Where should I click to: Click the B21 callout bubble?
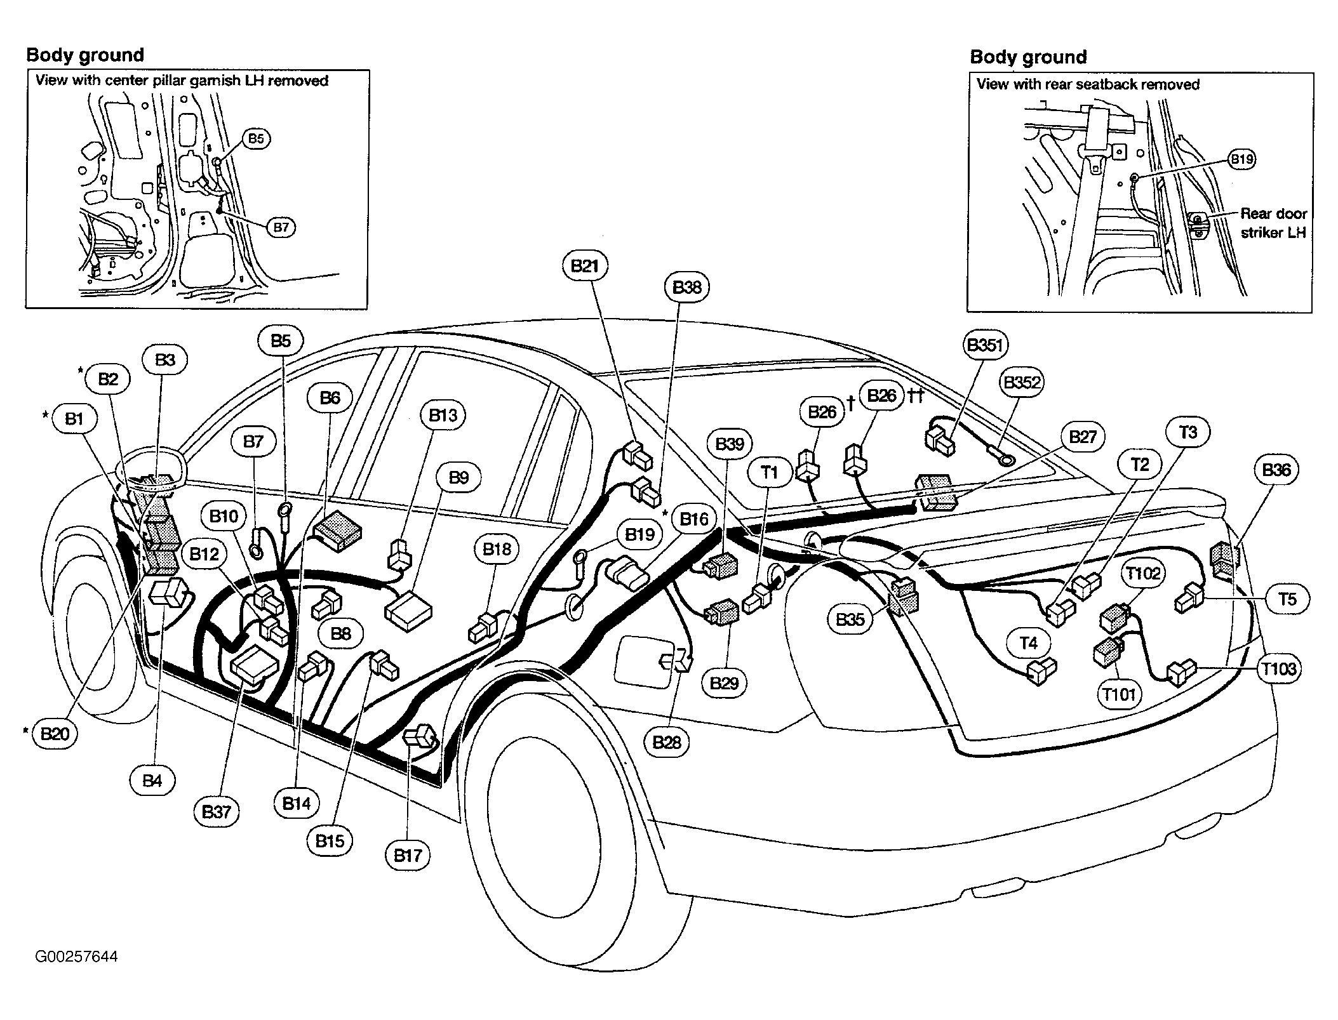(x=585, y=265)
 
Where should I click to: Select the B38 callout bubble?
(x=686, y=288)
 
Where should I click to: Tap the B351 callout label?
(x=985, y=345)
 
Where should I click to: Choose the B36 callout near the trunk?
(x=1276, y=470)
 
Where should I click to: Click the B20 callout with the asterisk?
(x=55, y=734)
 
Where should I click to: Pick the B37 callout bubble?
(x=216, y=812)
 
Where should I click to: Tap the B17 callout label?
(x=408, y=855)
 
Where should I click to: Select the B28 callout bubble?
(x=667, y=742)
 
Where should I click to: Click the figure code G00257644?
(x=76, y=957)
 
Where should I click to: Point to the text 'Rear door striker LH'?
(x=1273, y=223)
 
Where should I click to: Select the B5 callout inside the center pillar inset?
(x=256, y=138)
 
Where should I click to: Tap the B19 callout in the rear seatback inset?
(x=1241, y=159)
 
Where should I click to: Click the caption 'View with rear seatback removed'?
(x=1088, y=84)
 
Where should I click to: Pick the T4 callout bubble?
(x=1028, y=644)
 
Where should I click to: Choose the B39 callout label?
(x=730, y=444)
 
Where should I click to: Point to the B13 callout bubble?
(x=443, y=415)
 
